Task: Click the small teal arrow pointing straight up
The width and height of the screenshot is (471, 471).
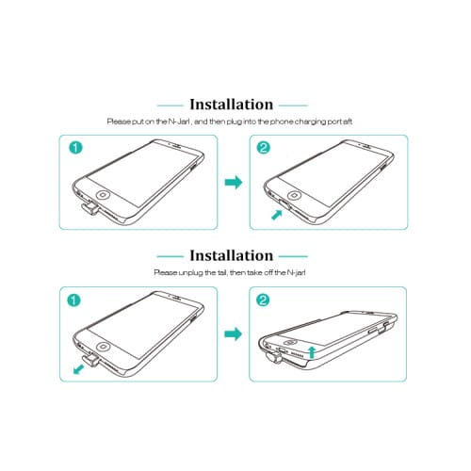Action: click(311, 352)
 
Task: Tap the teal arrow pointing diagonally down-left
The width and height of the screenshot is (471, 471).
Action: click(78, 369)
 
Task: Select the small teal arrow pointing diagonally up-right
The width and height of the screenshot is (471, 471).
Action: click(277, 215)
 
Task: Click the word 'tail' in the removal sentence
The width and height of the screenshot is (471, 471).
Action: click(221, 272)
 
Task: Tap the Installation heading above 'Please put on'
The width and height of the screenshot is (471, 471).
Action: click(232, 105)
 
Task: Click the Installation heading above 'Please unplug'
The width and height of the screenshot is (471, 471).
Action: click(232, 255)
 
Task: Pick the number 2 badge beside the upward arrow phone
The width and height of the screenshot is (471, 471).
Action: click(263, 300)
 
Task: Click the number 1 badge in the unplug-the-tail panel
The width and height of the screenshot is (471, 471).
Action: click(73, 300)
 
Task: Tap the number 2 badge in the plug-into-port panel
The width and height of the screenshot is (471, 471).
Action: click(263, 148)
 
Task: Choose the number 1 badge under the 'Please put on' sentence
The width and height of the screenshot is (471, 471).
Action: click(75, 148)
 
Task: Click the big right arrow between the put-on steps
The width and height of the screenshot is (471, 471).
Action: click(234, 183)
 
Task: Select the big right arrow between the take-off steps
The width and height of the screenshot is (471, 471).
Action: click(234, 333)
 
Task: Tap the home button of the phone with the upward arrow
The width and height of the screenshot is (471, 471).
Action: click(291, 343)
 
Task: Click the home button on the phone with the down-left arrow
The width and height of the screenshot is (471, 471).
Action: click(103, 347)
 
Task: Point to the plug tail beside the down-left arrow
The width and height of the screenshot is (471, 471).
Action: click(91, 361)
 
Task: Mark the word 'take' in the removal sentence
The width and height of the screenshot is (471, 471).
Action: click(254, 272)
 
